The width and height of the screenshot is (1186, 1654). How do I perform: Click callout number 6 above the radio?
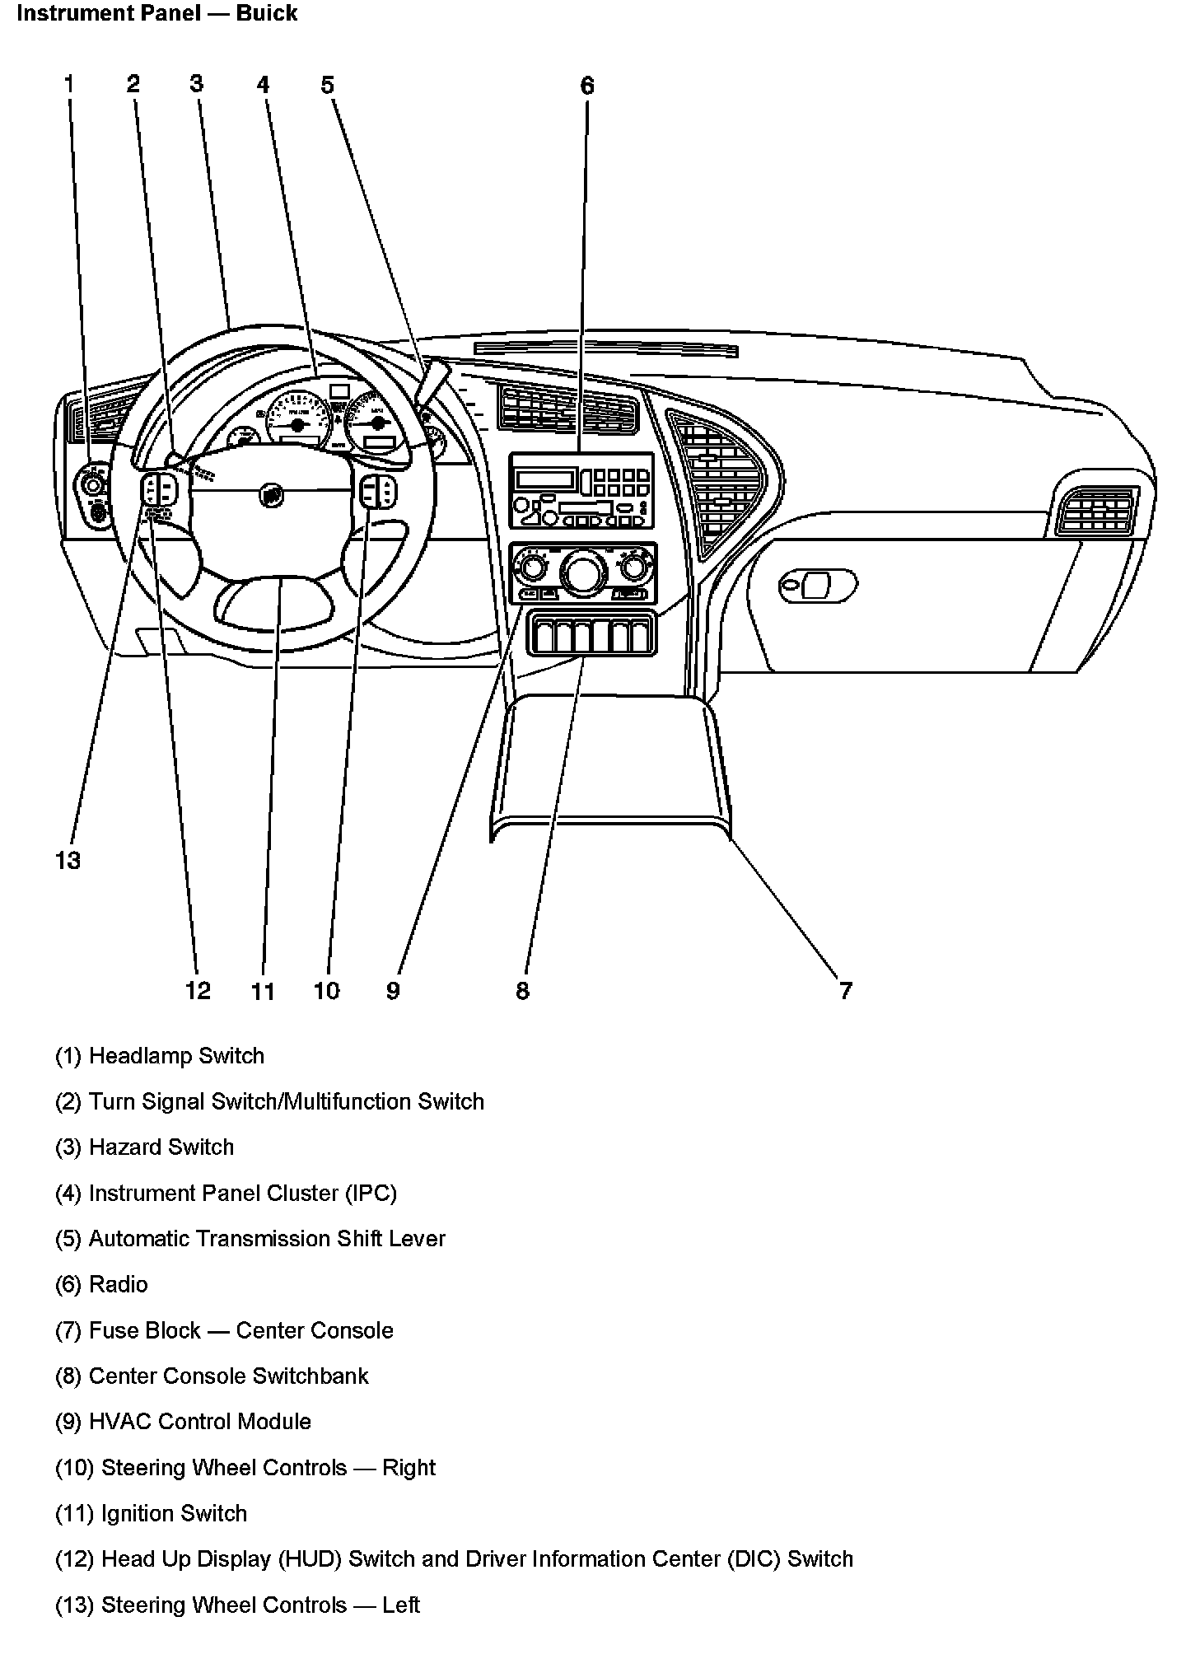586,86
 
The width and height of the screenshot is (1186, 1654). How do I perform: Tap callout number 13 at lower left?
68,861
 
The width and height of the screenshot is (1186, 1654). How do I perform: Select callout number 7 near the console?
845,989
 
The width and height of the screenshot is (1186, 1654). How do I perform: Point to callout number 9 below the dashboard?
393,990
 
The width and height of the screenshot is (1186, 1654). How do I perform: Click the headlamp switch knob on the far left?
93,486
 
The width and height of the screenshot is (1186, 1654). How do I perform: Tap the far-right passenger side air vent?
1095,510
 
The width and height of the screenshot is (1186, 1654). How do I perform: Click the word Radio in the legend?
119,1284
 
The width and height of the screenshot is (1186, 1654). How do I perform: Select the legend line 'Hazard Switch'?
161,1147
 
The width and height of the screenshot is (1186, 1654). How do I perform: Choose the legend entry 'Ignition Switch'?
173,1513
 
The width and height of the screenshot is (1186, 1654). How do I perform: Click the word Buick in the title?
266,13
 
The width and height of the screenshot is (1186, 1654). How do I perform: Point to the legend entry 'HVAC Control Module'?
199,1421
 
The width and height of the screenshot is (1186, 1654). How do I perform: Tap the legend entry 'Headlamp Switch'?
176,1055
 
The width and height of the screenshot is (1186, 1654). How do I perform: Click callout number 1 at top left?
69,83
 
